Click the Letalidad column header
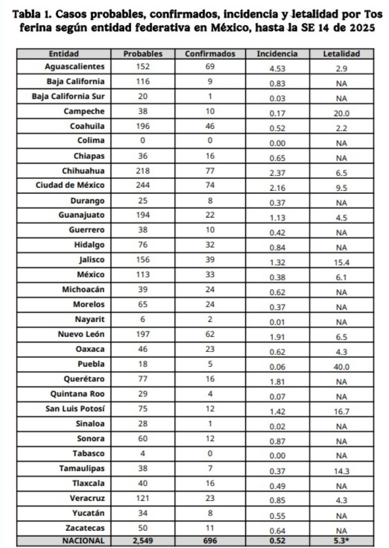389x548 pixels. (341, 54)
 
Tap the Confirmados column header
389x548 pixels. (210, 54)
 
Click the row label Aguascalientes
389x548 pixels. (74, 66)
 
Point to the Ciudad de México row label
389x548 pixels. (70, 185)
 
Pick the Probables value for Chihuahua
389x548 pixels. (143, 170)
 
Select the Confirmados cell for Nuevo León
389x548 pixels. (210, 334)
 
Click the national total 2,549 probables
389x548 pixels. (143, 541)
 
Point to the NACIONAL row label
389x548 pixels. (83, 541)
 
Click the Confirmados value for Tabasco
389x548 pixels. (210, 453)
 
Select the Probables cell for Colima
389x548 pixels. (143, 140)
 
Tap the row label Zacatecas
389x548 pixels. (86, 528)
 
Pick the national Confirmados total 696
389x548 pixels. (210, 541)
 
